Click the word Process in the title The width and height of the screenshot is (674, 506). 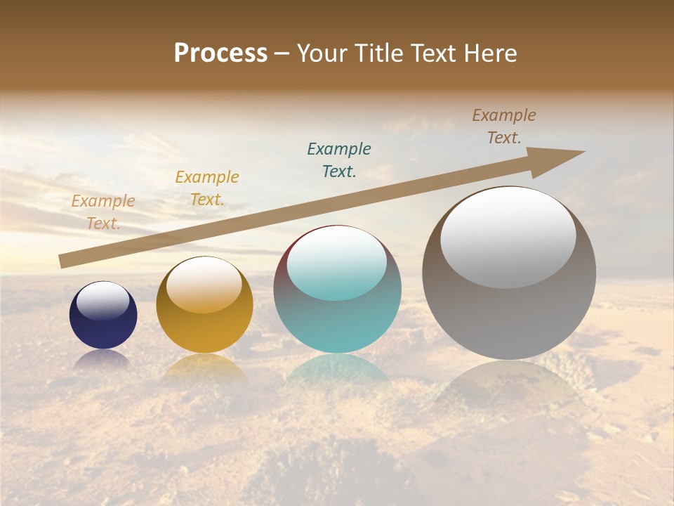220,53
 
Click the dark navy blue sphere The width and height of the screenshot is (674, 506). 103,327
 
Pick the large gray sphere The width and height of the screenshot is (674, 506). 509,316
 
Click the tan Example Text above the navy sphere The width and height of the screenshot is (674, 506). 103,212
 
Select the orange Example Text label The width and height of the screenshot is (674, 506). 207,188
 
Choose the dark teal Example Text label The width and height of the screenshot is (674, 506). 339,160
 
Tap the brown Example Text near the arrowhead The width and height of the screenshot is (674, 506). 504,126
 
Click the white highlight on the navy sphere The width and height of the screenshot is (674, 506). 103,300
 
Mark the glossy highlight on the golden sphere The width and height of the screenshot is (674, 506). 204,285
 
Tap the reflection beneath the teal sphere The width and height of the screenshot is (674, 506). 337,369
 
